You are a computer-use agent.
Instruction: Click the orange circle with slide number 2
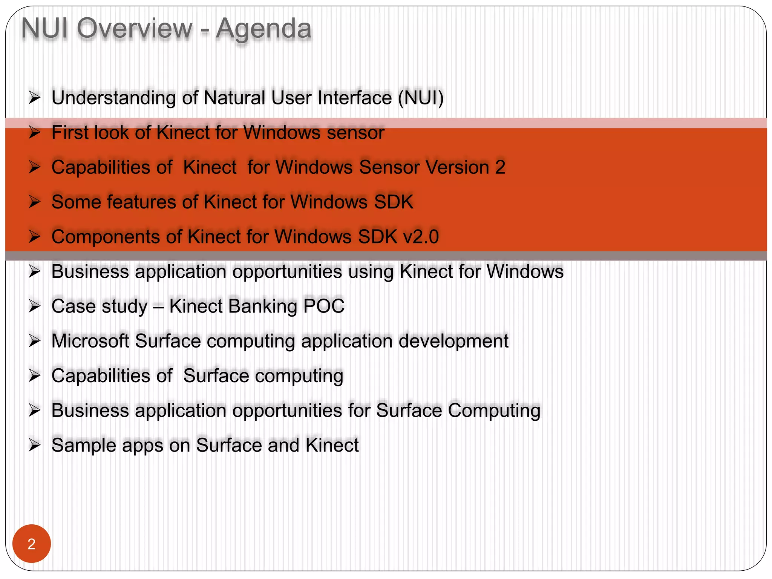click(32, 544)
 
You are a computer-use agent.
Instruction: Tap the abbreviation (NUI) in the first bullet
click(421, 98)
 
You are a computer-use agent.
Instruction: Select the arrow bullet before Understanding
click(34, 98)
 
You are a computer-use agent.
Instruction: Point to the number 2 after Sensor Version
click(500, 167)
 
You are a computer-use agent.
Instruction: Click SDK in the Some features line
click(394, 202)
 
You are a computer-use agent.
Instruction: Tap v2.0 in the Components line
click(421, 237)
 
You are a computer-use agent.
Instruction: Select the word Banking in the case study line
click(262, 306)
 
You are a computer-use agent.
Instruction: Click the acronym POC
click(324, 306)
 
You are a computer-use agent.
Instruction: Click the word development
click(453, 341)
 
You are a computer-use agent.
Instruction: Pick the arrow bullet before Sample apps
click(34, 445)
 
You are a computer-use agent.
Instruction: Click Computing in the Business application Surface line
click(494, 411)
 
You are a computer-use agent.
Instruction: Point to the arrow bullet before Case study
click(34, 306)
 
